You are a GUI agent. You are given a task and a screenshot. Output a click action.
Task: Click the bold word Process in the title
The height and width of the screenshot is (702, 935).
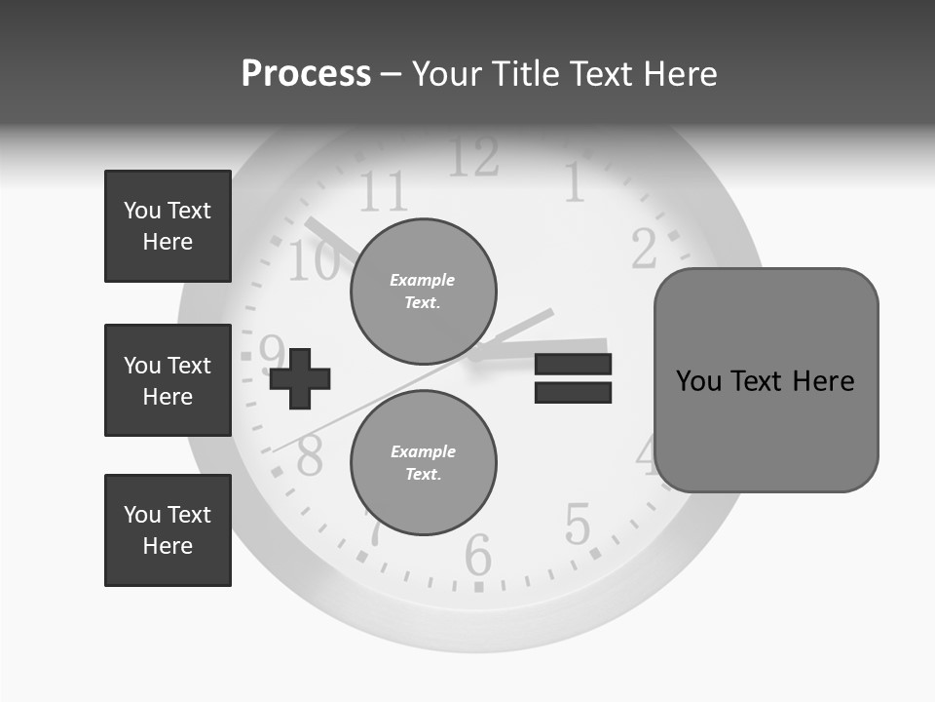(306, 74)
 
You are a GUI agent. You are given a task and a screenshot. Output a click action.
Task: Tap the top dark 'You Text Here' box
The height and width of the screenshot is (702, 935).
(168, 226)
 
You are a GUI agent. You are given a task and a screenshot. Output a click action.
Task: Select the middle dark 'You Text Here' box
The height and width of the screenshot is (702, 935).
(168, 380)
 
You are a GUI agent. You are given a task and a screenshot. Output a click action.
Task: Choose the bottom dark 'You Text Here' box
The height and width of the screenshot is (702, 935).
(168, 530)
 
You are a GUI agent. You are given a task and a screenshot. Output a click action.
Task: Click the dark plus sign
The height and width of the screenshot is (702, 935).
(300, 377)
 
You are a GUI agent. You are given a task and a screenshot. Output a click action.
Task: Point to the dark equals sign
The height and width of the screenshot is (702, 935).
(573, 378)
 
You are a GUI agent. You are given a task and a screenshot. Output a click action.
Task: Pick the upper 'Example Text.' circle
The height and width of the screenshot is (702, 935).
(423, 292)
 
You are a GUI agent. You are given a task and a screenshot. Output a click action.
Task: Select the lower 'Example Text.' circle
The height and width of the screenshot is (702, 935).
(423, 463)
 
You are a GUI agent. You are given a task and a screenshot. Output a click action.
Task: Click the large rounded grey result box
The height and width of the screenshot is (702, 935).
(766, 380)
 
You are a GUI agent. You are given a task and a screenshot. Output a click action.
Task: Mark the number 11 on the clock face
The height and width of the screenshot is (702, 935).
(383, 191)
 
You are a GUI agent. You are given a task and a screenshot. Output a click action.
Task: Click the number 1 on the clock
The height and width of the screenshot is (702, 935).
(575, 182)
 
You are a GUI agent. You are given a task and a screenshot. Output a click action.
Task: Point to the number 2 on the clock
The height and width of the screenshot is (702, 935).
(644, 249)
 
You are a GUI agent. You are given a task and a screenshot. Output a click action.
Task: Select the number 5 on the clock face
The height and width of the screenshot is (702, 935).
(578, 525)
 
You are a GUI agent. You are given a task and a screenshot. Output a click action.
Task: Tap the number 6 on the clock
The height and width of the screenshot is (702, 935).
(478, 556)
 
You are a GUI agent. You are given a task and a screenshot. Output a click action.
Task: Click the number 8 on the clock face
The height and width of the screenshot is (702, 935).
(310, 455)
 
